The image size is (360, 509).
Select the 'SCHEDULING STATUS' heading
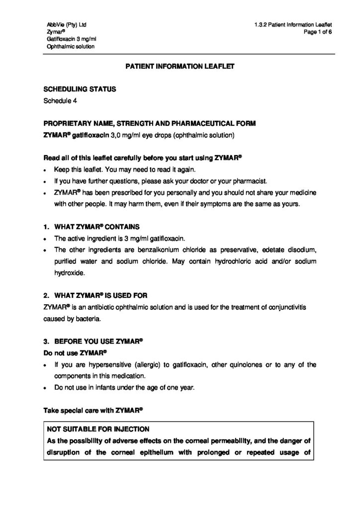[80, 89]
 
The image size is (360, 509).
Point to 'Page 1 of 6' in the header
[317, 32]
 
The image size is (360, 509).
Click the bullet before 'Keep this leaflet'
[46, 170]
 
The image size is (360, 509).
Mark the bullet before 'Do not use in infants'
[46, 388]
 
